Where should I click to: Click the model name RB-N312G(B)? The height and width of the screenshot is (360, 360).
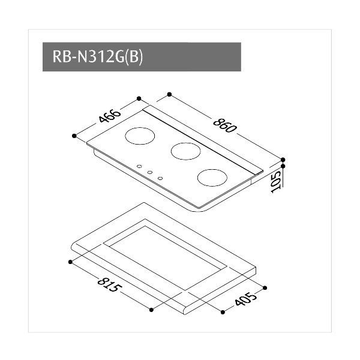[98, 57]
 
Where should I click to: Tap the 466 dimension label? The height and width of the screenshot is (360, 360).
[110, 116]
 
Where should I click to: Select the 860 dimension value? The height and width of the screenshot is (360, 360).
[224, 125]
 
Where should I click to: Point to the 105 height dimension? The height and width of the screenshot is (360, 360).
[276, 182]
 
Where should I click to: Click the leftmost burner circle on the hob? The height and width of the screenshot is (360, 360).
[140, 136]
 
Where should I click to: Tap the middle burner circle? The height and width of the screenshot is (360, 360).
[186, 151]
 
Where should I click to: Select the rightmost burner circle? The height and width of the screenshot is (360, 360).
[212, 178]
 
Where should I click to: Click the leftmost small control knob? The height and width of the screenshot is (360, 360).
[139, 166]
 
